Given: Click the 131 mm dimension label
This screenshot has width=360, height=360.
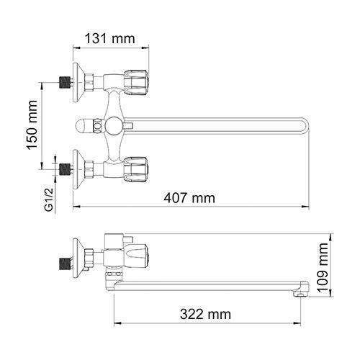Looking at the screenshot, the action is click(x=110, y=39).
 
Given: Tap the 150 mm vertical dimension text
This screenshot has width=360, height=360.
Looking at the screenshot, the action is click(x=32, y=125).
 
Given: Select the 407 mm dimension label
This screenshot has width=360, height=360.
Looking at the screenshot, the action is click(x=189, y=198).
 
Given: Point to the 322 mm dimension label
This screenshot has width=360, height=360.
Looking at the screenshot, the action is click(x=205, y=314).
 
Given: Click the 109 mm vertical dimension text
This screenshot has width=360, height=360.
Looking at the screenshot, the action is click(x=323, y=267).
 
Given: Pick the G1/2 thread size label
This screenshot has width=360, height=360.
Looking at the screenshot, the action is click(x=49, y=199).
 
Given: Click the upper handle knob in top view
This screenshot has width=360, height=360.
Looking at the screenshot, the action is click(x=136, y=83).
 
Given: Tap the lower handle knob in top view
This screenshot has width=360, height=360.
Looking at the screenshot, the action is click(x=136, y=170).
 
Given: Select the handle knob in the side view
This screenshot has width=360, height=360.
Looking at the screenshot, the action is click(x=136, y=256).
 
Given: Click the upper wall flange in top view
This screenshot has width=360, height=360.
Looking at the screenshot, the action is click(x=78, y=82).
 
